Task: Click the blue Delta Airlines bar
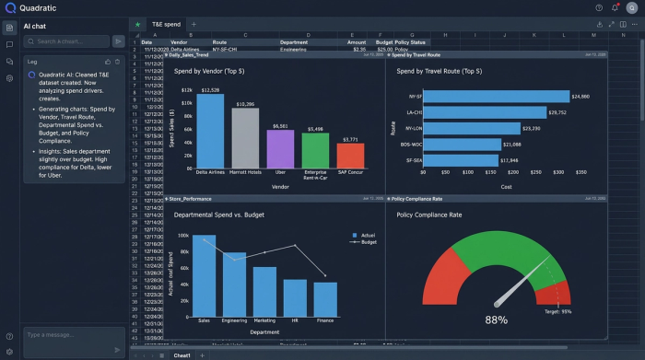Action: click(x=210, y=130)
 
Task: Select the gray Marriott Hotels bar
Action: click(x=245, y=137)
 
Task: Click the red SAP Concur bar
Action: click(x=350, y=154)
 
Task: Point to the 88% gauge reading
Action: click(x=497, y=319)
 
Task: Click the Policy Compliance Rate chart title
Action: click(x=433, y=215)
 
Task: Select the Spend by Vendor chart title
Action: click(x=217, y=70)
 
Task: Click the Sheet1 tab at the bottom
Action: click(x=182, y=354)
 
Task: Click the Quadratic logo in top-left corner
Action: click(x=10, y=8)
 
